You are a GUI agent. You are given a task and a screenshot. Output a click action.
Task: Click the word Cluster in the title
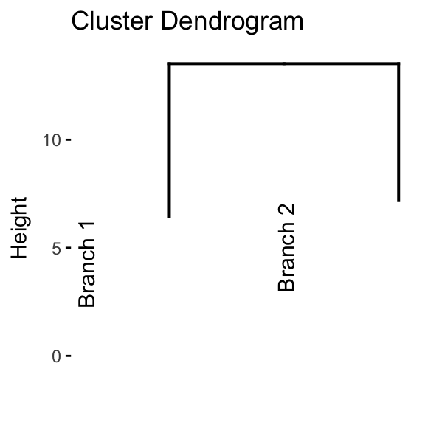pyautogui.click(x=112, y=21)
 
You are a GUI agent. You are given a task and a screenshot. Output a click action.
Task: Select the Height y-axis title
pyautogui.click(x=19, y=228)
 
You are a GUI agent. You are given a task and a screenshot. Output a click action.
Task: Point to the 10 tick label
pyautogui.click(x=52, y=140)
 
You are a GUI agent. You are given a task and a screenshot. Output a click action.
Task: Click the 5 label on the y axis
pyautogui.click(x=56, y=248)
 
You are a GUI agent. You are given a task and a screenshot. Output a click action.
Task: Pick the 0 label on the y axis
pyautogui.click(x=56, y=356)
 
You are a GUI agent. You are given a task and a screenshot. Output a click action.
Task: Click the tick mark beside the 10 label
pyautogui.click(x=69, y=139)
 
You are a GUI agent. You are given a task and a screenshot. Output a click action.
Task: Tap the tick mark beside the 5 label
pyautogui.click(x=69, y=247)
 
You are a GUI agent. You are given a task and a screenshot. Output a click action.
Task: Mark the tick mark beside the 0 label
pyautogui.click(x=69, y=356)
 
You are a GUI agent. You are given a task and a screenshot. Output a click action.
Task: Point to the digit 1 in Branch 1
pyautogui.click(x=87, y=228)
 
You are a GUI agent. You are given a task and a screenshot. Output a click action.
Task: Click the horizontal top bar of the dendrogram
pyautogui.click(x=284, y=63)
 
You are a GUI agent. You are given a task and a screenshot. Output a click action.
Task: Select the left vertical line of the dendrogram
pyautogui.click(x=170, y=140)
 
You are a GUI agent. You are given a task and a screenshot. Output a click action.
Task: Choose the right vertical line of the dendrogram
pyautogui.click(x=398, y=132)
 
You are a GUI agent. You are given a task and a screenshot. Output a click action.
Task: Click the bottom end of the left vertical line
pyautogui.click(x=170, y=217)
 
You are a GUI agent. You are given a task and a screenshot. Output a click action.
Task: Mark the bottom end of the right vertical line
pyautogui.click(x=398, y=201)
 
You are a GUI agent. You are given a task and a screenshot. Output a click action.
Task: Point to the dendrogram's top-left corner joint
pyautogui.click(x=170, y=63)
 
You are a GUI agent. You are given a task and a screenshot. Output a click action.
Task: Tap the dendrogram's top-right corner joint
pyautogui.click(x=398, y=63)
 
